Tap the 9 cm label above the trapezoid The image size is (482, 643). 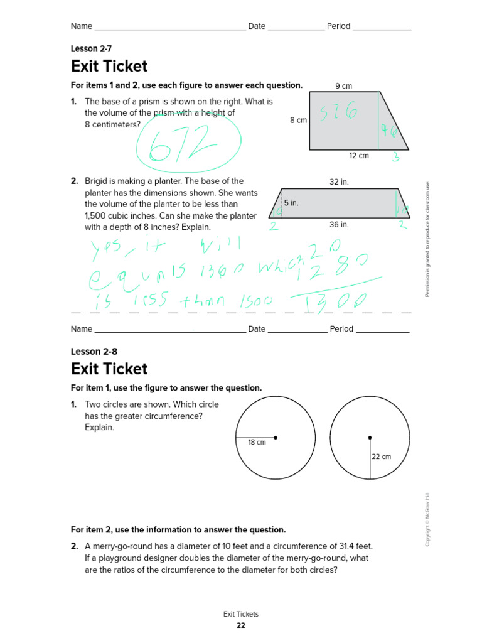click(343, 85)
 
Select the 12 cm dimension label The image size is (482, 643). click(359, 156)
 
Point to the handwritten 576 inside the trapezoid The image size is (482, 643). click(338, 114)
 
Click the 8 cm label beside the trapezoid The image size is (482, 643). click(298, 120)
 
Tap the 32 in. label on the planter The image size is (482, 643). click(339, 181)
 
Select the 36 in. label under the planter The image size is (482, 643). click(339, 224)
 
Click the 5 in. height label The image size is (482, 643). click(291, 203)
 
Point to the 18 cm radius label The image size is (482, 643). click(257, 442)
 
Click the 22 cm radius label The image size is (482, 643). click(381, 457)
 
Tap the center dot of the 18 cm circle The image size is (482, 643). click(276, 438)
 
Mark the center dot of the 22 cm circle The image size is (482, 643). click(370, 438)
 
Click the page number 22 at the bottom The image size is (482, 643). click(241, 625)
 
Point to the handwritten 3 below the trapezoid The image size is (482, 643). click(396, 158)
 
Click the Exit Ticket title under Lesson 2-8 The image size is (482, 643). click(109, 369)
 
